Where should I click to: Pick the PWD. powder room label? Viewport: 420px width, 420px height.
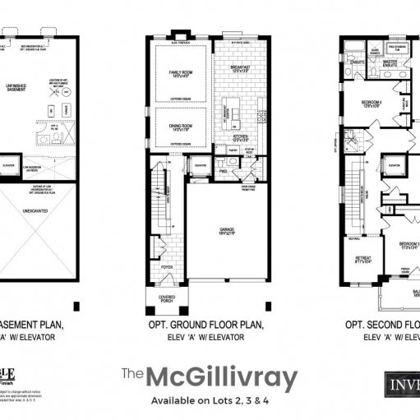click(223, 173)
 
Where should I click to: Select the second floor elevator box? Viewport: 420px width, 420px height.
click(395, 166)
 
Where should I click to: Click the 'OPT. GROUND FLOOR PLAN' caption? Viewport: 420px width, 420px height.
click(205, 325)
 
